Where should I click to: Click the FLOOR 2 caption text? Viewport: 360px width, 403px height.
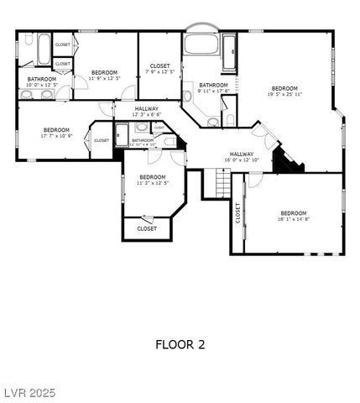pos(180,344)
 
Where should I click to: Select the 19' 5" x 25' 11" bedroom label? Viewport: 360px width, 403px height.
pos(284,92)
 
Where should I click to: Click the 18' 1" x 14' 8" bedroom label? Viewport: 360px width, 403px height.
pos(294,216)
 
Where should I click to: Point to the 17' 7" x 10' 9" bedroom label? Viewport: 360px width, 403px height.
pos(56,133)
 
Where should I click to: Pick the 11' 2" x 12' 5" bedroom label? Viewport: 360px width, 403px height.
pos(152,180)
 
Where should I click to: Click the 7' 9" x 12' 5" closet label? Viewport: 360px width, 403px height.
pos(159,69)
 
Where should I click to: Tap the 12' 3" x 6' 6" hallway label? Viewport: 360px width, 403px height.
pos(146,112)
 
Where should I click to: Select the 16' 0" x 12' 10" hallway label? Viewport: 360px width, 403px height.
pos(242,157)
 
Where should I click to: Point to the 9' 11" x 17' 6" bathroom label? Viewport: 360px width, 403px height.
pos(213,88)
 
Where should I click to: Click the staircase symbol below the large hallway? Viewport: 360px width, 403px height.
pos(222,182)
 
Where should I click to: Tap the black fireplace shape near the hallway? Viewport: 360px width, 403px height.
pos(287,161)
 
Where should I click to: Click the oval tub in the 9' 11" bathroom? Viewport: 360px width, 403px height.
pos(201,45)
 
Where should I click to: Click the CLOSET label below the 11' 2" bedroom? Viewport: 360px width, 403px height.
pos(147,228)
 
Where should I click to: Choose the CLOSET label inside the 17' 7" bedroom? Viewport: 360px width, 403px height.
pos(101,140)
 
